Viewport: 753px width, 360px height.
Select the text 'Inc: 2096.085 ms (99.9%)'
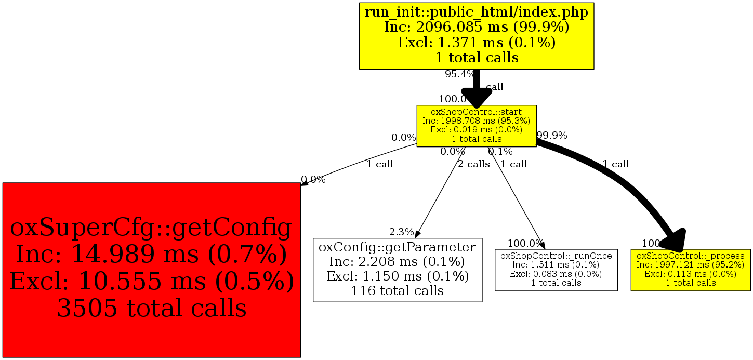coord(476,27)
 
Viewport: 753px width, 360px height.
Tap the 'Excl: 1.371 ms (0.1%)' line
coord(476,42)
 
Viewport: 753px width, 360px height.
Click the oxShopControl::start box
coord(476,126)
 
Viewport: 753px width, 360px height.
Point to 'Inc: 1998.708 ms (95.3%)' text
coord(476,121)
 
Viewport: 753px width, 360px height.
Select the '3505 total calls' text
coord(151,308)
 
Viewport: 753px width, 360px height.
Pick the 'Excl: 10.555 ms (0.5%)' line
coord(151,282)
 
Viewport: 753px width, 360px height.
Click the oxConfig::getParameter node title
coord(398,246)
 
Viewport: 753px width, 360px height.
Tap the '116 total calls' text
coord(398,290)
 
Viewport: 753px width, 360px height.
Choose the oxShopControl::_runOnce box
coord(556,270)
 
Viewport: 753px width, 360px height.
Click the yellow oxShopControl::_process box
coord(691,270)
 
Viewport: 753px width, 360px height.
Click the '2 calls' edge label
coord(473,164)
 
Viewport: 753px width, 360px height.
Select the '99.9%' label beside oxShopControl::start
coord(552,136)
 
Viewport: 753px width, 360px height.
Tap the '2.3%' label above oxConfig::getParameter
coord(402,232)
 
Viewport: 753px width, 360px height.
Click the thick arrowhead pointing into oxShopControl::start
coord(477,98)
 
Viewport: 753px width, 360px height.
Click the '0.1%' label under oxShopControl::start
coord(500,152)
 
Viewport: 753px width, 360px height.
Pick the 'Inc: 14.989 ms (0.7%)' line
coord(151,255)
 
